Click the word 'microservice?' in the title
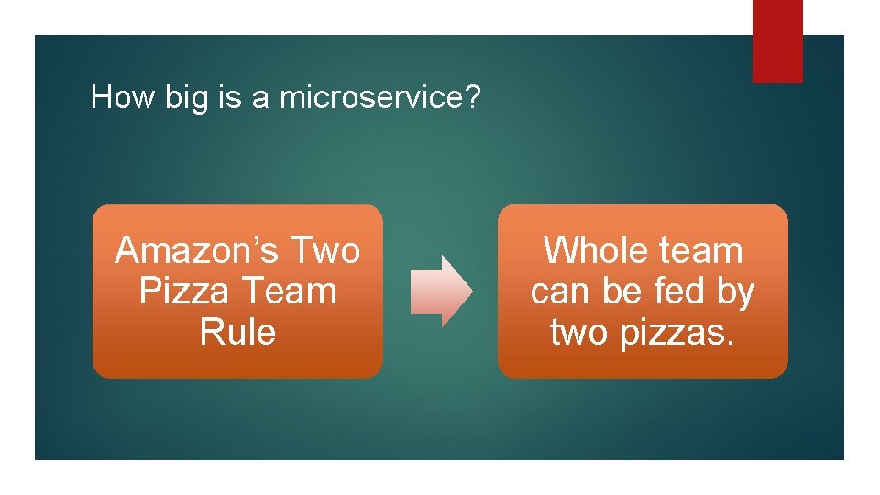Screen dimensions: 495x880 pos(379,97)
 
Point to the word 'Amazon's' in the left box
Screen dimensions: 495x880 pos(197,250)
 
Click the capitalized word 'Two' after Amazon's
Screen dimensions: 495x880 pos(324,250)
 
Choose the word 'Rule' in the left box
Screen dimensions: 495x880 pos(237,332)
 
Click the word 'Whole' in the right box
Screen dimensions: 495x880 pos(591,250)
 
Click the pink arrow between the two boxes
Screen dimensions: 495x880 pos(441,291)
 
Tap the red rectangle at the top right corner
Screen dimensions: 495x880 pos(777,41)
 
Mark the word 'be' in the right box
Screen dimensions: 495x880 pos(623,291)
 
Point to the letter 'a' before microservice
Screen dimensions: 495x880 pos(261,98)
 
